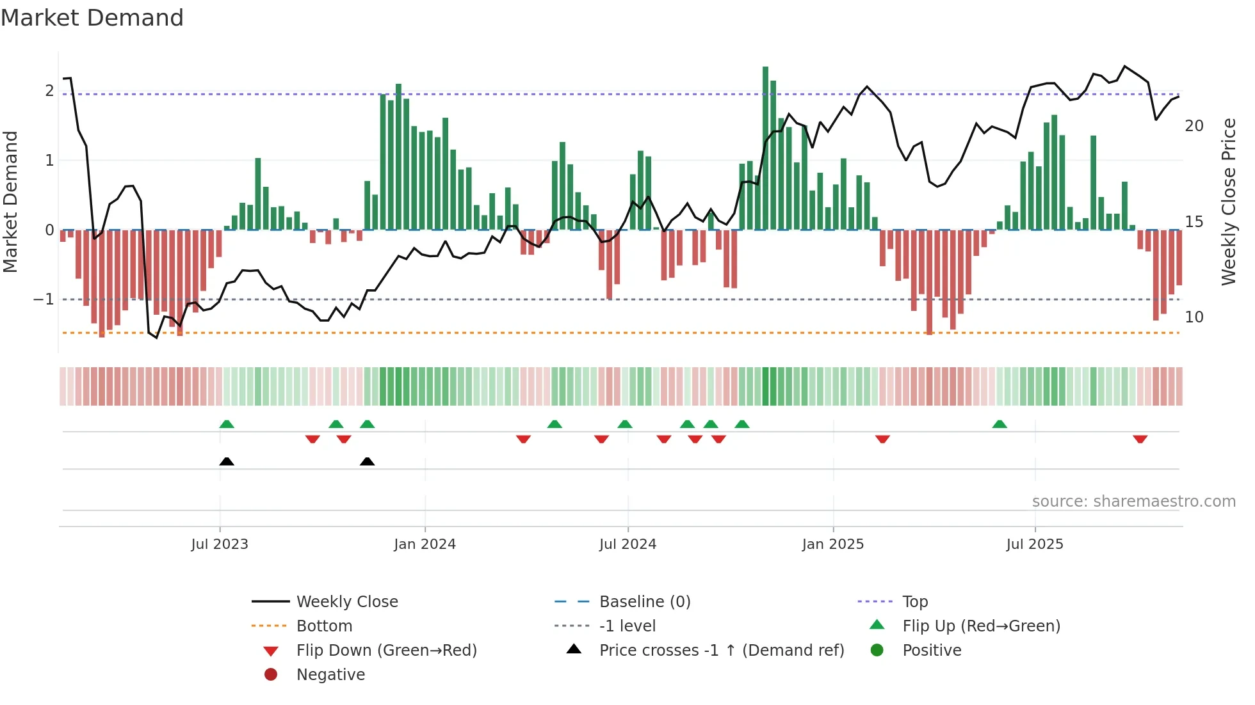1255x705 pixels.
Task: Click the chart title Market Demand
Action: click(x=92, y=18)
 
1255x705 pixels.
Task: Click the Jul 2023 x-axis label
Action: click(x=220, y=544)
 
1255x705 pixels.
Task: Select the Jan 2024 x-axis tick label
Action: click(x=425, y=544)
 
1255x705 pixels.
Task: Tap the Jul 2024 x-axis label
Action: click(x=627, y=544)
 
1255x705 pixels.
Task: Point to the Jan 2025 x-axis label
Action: click(x=832, y=544)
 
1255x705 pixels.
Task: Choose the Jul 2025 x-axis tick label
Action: click(x=1034, y=544)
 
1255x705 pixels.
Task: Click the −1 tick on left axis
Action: click(x=44, y=299)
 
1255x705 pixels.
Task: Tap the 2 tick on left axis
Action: click(x=49, y=91)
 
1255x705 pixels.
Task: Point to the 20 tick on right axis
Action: click(x=1194, y=126)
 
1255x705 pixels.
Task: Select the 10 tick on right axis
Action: click(x=1194, y=317)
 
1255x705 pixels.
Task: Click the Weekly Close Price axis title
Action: click(x=1228, y=202)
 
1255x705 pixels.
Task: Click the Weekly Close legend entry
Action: click(x=346, y=602)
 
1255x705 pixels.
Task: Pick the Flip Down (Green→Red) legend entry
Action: click(x=386, y=651)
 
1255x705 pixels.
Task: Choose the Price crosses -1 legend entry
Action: click(x=721, y=651)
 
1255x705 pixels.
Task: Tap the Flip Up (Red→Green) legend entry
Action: click(x=981, y=626)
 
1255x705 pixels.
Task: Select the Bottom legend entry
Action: click(x=324, y=626)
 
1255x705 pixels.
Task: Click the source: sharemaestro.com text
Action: click(x=1133, y=502)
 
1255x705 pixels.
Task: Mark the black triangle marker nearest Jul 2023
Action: click(x=227, y=462)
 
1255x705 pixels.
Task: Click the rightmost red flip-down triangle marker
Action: click(x=1140, y=439)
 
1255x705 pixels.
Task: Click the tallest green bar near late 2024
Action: click(x=765, y=147)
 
